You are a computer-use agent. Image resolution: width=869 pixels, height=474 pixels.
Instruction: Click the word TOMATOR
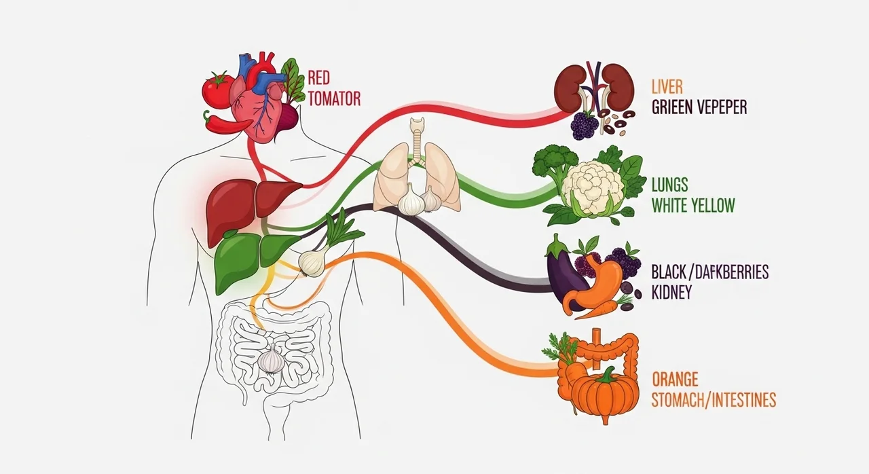tap(335, 99)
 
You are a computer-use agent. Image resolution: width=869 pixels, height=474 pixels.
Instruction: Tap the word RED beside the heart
tap(319, 77)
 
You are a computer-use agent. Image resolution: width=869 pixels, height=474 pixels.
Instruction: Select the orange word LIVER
tap(667, 87)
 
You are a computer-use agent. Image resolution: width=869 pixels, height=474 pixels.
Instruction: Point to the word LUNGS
tap(670, 185)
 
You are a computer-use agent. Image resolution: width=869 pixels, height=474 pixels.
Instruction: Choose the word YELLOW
tap(713, 206)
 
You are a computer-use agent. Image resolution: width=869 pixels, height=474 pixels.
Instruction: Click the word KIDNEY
tap(672, 292)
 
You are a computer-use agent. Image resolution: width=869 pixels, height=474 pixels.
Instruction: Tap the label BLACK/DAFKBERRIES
tap(710, 272)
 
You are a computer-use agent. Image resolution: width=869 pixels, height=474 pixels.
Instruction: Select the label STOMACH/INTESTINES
tap(714, 400)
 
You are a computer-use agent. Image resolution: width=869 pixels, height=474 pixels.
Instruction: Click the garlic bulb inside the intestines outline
tap(271, 359)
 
